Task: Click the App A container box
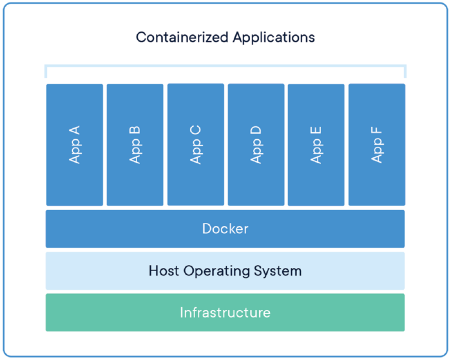(74, 145)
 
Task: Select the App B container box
(135, 145)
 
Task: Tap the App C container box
(196, 145)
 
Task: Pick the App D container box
(256, 145)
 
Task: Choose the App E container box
(316, 145)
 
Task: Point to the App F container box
(377, 145)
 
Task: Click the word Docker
(225, 228)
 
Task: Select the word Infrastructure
(225, 313)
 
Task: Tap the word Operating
(217, 272)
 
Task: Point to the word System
(279, 272)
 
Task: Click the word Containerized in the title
(182, 37)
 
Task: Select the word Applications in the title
(274, 38)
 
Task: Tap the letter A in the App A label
(75, 129)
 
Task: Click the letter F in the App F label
(377, 129)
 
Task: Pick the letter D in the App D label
(256, 129)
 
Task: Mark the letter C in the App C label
(196, 129)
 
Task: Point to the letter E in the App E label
(317, 129)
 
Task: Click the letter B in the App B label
(135, 129)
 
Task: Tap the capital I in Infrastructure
(182, 313)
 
